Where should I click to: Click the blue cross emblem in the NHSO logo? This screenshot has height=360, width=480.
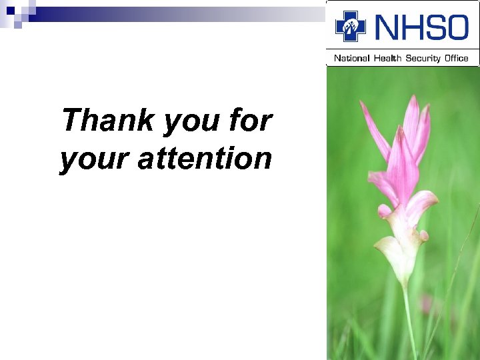(351, 27)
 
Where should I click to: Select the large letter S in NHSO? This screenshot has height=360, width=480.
(435, 28)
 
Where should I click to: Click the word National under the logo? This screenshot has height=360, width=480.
(351, 58)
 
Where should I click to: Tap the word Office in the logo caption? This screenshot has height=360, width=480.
(457, 58)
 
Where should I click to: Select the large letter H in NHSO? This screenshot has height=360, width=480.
(411, 28)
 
